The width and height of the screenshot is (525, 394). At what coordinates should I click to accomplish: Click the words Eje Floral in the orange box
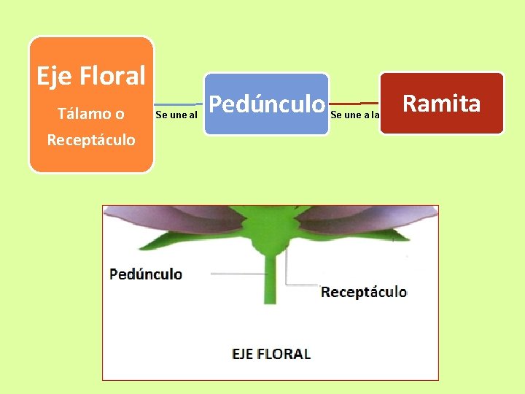(x=91, y=75)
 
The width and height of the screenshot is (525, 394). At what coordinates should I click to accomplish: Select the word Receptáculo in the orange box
(x=91, y=139)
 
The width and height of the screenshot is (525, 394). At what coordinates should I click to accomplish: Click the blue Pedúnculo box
(x=266, y=104)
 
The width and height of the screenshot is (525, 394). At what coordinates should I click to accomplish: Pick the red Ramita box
(x=442, y=104)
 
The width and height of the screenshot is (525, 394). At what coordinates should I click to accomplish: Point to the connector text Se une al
(x=177, y=115)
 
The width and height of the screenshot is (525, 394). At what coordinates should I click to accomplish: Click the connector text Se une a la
(x=354, y=115)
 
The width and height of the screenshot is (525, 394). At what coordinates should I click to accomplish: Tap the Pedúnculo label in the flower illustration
(x=146, y=274)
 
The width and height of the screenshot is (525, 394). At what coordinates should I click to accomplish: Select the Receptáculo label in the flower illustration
(x=364, y=292)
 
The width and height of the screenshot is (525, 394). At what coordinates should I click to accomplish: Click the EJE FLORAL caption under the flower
(x=271, y=354)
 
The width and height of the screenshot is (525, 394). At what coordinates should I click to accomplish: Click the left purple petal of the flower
(x=175, y=219)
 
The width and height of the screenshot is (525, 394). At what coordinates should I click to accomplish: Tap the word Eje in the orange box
(x=53, y=75)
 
